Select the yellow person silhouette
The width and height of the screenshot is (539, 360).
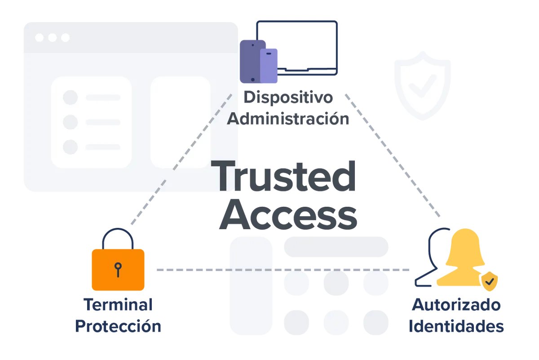click(x=463, y=261)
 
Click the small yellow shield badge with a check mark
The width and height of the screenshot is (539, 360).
click(x=490, y=281)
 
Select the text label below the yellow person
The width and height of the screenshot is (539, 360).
click(x=456, y=316)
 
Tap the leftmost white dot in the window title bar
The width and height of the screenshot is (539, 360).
click(x=40, y=38)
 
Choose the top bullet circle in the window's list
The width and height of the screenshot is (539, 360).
click(x=70, y=97)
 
